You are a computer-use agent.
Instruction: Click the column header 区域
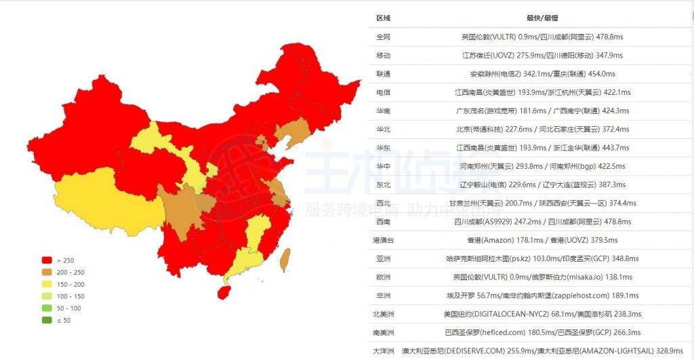[383, 18]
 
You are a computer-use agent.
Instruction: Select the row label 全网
[383, 37]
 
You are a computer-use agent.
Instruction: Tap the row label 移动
[383, 56]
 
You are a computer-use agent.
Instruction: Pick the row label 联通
[383, 74]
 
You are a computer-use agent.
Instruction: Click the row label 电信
[383, 92]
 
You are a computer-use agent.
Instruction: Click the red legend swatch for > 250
[47, 260]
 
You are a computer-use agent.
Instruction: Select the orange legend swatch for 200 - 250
[47, 272]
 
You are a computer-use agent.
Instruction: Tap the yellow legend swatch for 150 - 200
[47, 284]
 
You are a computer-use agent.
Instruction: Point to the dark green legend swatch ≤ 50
[47, 320]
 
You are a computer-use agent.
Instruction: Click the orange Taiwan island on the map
[285, 259]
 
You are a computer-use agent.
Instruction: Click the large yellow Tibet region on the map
[108, 203]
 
